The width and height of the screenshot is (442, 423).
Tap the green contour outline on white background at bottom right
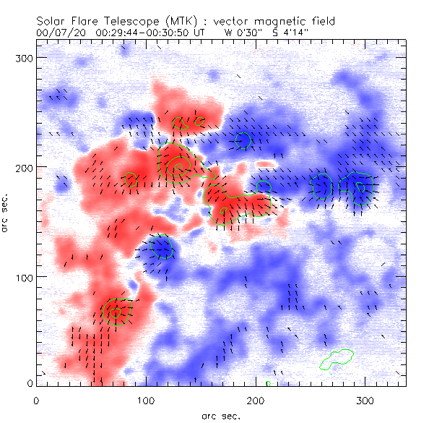pos(337,357)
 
